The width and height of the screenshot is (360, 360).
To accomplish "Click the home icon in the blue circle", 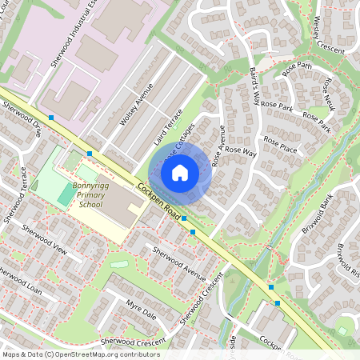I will coord(180,171).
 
